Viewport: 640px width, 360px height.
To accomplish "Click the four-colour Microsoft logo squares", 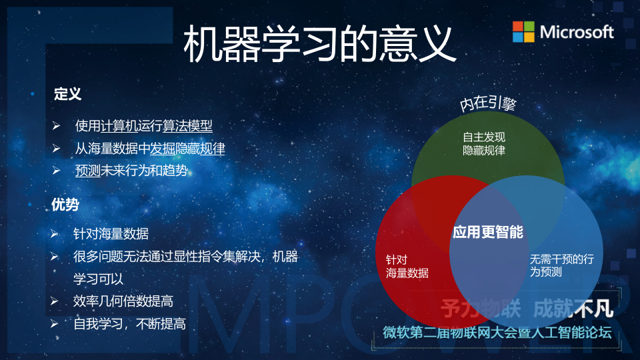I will [523, 31].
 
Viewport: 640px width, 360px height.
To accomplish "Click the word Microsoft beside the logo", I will [577, 31].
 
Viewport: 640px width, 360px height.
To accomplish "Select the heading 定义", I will [67, 94].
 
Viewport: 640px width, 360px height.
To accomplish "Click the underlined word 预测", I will [87, 171].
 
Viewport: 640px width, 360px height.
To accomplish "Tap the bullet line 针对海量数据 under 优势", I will [111, 234].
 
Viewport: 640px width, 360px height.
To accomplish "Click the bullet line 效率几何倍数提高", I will [123, 301].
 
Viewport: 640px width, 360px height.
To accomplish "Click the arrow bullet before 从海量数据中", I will [57, 149].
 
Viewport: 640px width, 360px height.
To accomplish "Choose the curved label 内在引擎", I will [489, 104].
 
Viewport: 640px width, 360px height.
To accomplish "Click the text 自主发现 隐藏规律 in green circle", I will [484, 143].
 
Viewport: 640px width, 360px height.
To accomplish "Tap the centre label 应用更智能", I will [488, 232].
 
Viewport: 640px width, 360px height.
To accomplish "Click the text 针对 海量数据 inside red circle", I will [407, 267].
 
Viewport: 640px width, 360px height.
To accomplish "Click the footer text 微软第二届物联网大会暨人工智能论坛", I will [497, 333].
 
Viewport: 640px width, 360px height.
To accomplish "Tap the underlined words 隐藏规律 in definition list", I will [200, 149].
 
